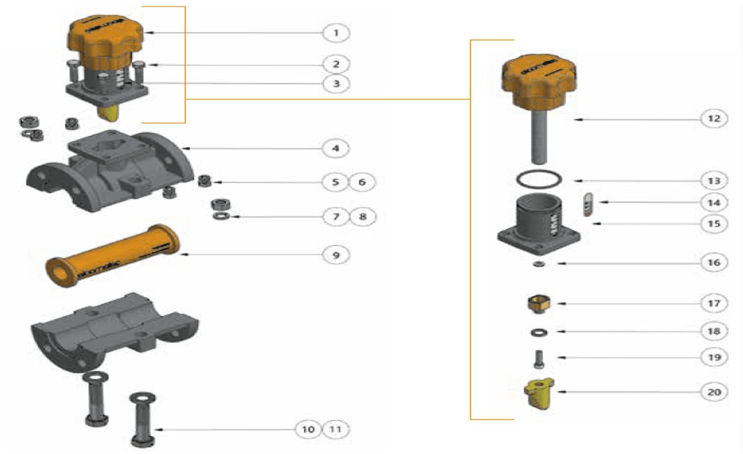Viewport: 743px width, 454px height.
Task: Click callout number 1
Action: coord(336,32)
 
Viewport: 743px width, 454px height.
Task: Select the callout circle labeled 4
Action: coord(336,149)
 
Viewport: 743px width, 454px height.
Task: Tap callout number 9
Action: coord(336,255)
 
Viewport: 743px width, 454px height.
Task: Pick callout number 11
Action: coord(336,429)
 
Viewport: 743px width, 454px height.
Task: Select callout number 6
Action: coord(363,182)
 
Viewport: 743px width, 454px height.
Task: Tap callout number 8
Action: coord(363,217)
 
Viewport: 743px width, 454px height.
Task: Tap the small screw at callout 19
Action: coord(538,359)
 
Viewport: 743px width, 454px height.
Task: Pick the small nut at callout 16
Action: coord(537,264)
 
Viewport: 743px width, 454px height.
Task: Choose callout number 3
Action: coord(336,83)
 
